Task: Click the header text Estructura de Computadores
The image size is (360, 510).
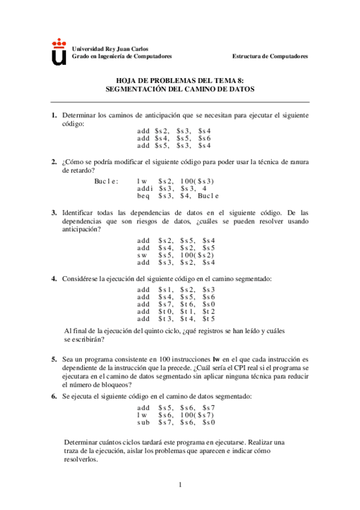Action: point(270,56)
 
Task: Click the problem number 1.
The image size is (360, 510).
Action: point(53,115)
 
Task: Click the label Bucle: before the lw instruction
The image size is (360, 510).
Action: point(106,180)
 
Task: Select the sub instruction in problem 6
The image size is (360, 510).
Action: point(143,423)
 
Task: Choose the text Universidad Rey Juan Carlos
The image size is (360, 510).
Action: point(110,49)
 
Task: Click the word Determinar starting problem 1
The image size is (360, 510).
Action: point(79,115)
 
